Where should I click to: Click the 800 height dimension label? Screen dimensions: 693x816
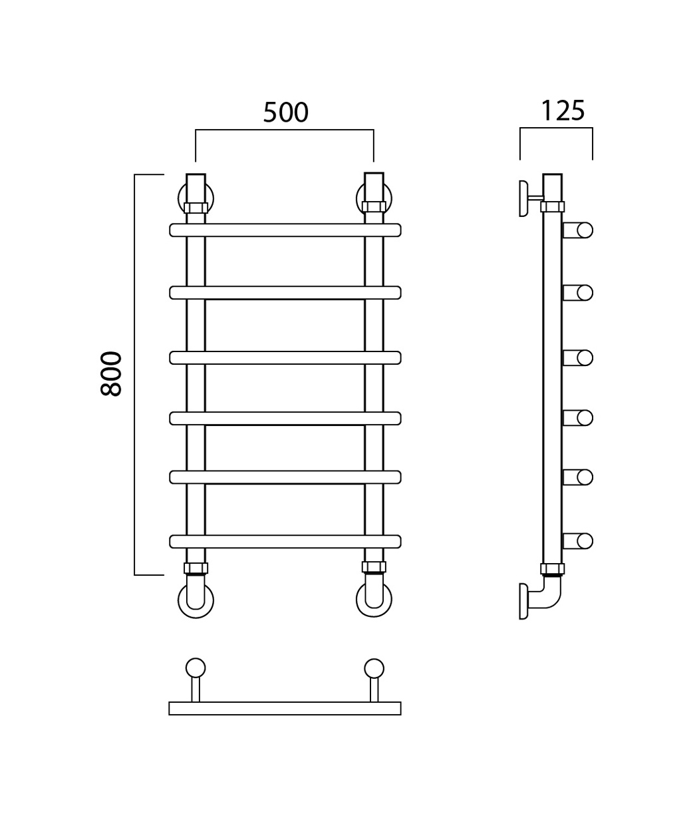point(111,373)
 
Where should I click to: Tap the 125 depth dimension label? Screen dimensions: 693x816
point(563,110)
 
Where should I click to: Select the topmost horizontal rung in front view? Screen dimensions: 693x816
point(285,230)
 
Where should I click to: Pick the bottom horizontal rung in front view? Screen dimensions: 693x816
point(285,541)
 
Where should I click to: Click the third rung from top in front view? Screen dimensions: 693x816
point(285,357)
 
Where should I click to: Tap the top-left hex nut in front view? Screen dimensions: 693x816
point(196,208)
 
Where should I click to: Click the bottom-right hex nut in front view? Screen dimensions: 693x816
point(374,567)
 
